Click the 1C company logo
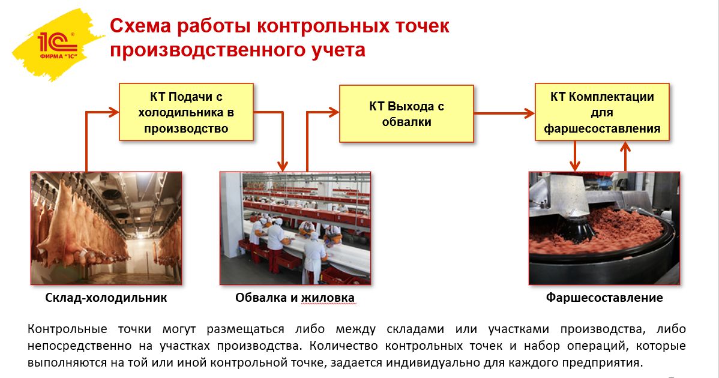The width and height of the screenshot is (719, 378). (x=58, y=44)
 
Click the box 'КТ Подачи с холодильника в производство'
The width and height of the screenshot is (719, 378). (x=186, y=112)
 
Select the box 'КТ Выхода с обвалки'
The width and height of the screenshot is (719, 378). (x=406, y=113)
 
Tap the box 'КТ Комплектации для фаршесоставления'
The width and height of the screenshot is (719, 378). (x=602, y=112)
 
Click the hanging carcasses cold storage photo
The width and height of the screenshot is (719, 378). (x=106, y=228)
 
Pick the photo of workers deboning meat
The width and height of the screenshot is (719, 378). (x=295, y=228)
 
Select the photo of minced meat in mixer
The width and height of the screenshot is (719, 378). (x=604, y=228)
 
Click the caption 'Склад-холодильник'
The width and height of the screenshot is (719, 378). (x=106, y=298)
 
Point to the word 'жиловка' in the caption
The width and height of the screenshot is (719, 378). (x=328, y=298)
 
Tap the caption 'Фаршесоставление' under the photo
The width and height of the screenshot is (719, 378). (x=604, y=298)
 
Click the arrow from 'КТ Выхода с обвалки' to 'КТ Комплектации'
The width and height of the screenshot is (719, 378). (x=504, y=113)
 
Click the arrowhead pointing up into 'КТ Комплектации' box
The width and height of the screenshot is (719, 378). (x=625, y=146)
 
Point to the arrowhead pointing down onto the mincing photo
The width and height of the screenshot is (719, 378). (x=575, y=166)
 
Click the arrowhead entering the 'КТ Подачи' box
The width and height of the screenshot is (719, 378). (x=113, y=112)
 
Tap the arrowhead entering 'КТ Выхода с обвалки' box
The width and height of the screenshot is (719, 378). (x=333, y=112)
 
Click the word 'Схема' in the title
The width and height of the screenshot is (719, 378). (x=140, y=26)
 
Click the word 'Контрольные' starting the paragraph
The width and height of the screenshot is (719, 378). (x=67, y=329)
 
